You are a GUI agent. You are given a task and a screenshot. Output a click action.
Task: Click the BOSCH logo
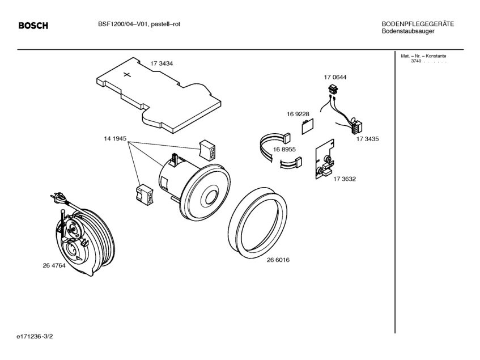[x=33, y=26]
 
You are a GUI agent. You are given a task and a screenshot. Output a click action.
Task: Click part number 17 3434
[x=162, y=63]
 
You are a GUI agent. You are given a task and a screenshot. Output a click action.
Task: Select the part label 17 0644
[x=335, y=77]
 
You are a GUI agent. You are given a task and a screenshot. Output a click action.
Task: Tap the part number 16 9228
[x=298, y=114]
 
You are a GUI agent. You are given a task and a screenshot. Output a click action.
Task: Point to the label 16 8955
[x=284, y=149]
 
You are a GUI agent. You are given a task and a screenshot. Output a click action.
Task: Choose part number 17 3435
[x=368, y=138]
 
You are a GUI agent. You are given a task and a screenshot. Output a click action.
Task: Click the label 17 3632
[x=345, y=179]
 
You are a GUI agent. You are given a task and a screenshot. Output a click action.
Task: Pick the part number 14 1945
[x=114, y=138]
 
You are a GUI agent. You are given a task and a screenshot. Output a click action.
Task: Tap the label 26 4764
[x=54, y=265]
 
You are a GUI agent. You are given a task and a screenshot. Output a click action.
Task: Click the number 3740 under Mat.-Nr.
[x=417, y=61]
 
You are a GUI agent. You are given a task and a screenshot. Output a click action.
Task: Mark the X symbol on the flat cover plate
[x=127, y=74]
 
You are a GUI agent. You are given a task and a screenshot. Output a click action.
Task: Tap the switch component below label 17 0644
[x=334, y=88]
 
